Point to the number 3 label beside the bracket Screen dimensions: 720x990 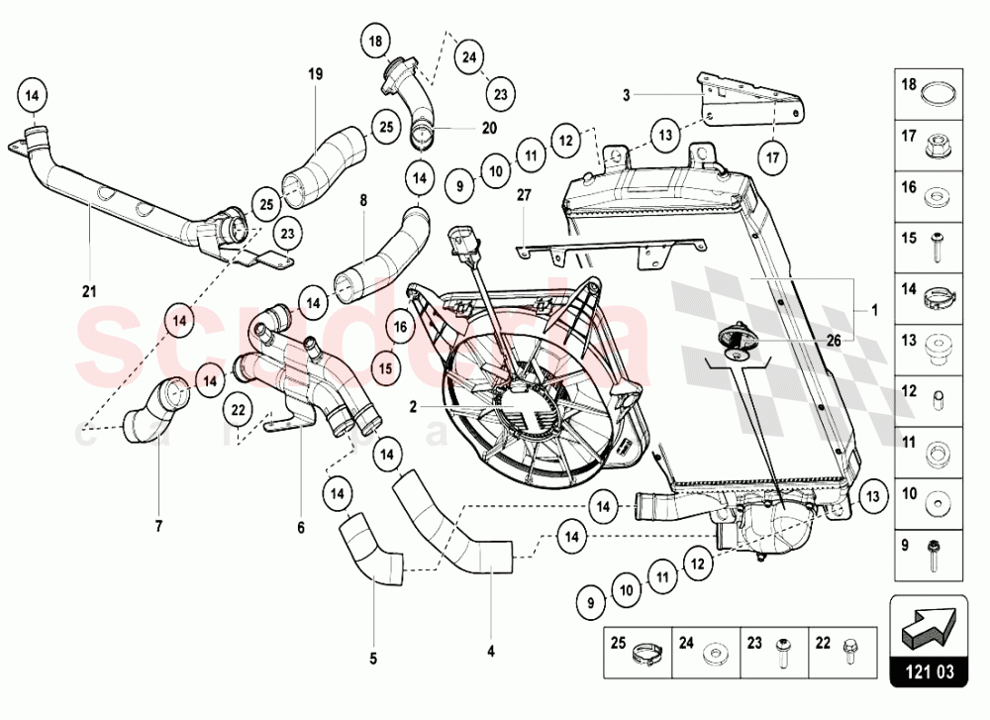pyautogui.click(x=627, y=95)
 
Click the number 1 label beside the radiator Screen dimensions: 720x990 pyautogui.click(x=873, y=308)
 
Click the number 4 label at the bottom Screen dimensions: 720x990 pyautogui.click(x=490, y=651)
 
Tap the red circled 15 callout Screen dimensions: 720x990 pyautogui.click(x=386, y=368)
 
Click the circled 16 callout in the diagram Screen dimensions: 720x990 pyautogui.click(x=400, y=325)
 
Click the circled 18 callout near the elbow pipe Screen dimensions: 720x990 pyautogui.click(x=374, y=42)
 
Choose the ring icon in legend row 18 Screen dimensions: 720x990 pyautogui.click(x=938, y=95)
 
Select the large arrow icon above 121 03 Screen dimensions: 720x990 pyautogui.click(x=929, y=626)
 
